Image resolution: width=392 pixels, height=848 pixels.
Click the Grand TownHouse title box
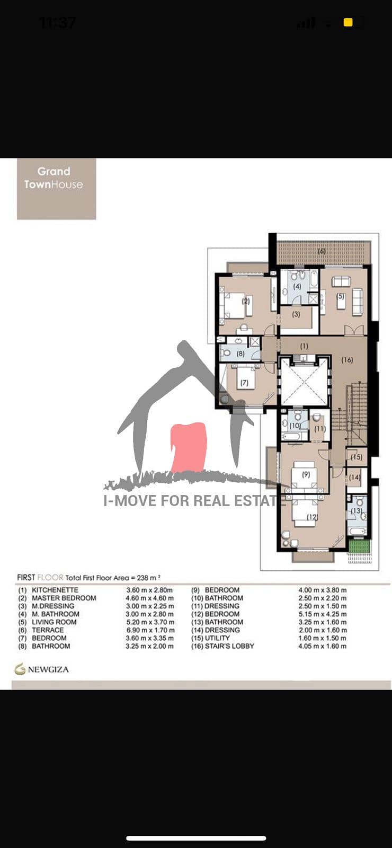coord(56,189)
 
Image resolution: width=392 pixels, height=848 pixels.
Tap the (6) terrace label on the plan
coord(322,251)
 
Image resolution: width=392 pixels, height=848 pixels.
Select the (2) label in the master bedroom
coord(246,302)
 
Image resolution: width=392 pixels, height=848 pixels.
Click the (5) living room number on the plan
coord(341,296)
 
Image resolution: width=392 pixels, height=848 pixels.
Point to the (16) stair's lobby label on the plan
coord(347,360)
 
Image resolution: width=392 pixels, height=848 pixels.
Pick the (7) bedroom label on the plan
coord(244,383)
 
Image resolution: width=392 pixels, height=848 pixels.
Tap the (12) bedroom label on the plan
coord(312,517)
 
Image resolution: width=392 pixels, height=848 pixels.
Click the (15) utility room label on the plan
coord(357,457)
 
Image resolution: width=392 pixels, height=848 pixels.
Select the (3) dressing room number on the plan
coord(296,314)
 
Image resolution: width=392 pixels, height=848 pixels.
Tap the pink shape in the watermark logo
coord(189,447)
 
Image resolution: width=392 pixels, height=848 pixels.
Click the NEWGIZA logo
coord(42,669)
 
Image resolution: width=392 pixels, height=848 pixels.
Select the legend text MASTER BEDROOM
coord(64,598)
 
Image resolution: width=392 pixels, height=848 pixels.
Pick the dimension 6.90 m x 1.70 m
coord(150,630)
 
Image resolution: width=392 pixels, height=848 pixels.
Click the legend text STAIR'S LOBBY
coord(229,646)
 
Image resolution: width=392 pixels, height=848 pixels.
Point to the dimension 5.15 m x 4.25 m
coord(323,614)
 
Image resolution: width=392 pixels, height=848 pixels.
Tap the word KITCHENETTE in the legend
coord(55,590)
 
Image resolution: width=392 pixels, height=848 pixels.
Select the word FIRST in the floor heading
coord(26,578)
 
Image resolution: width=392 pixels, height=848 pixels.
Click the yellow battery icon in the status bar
coord(348,23)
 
